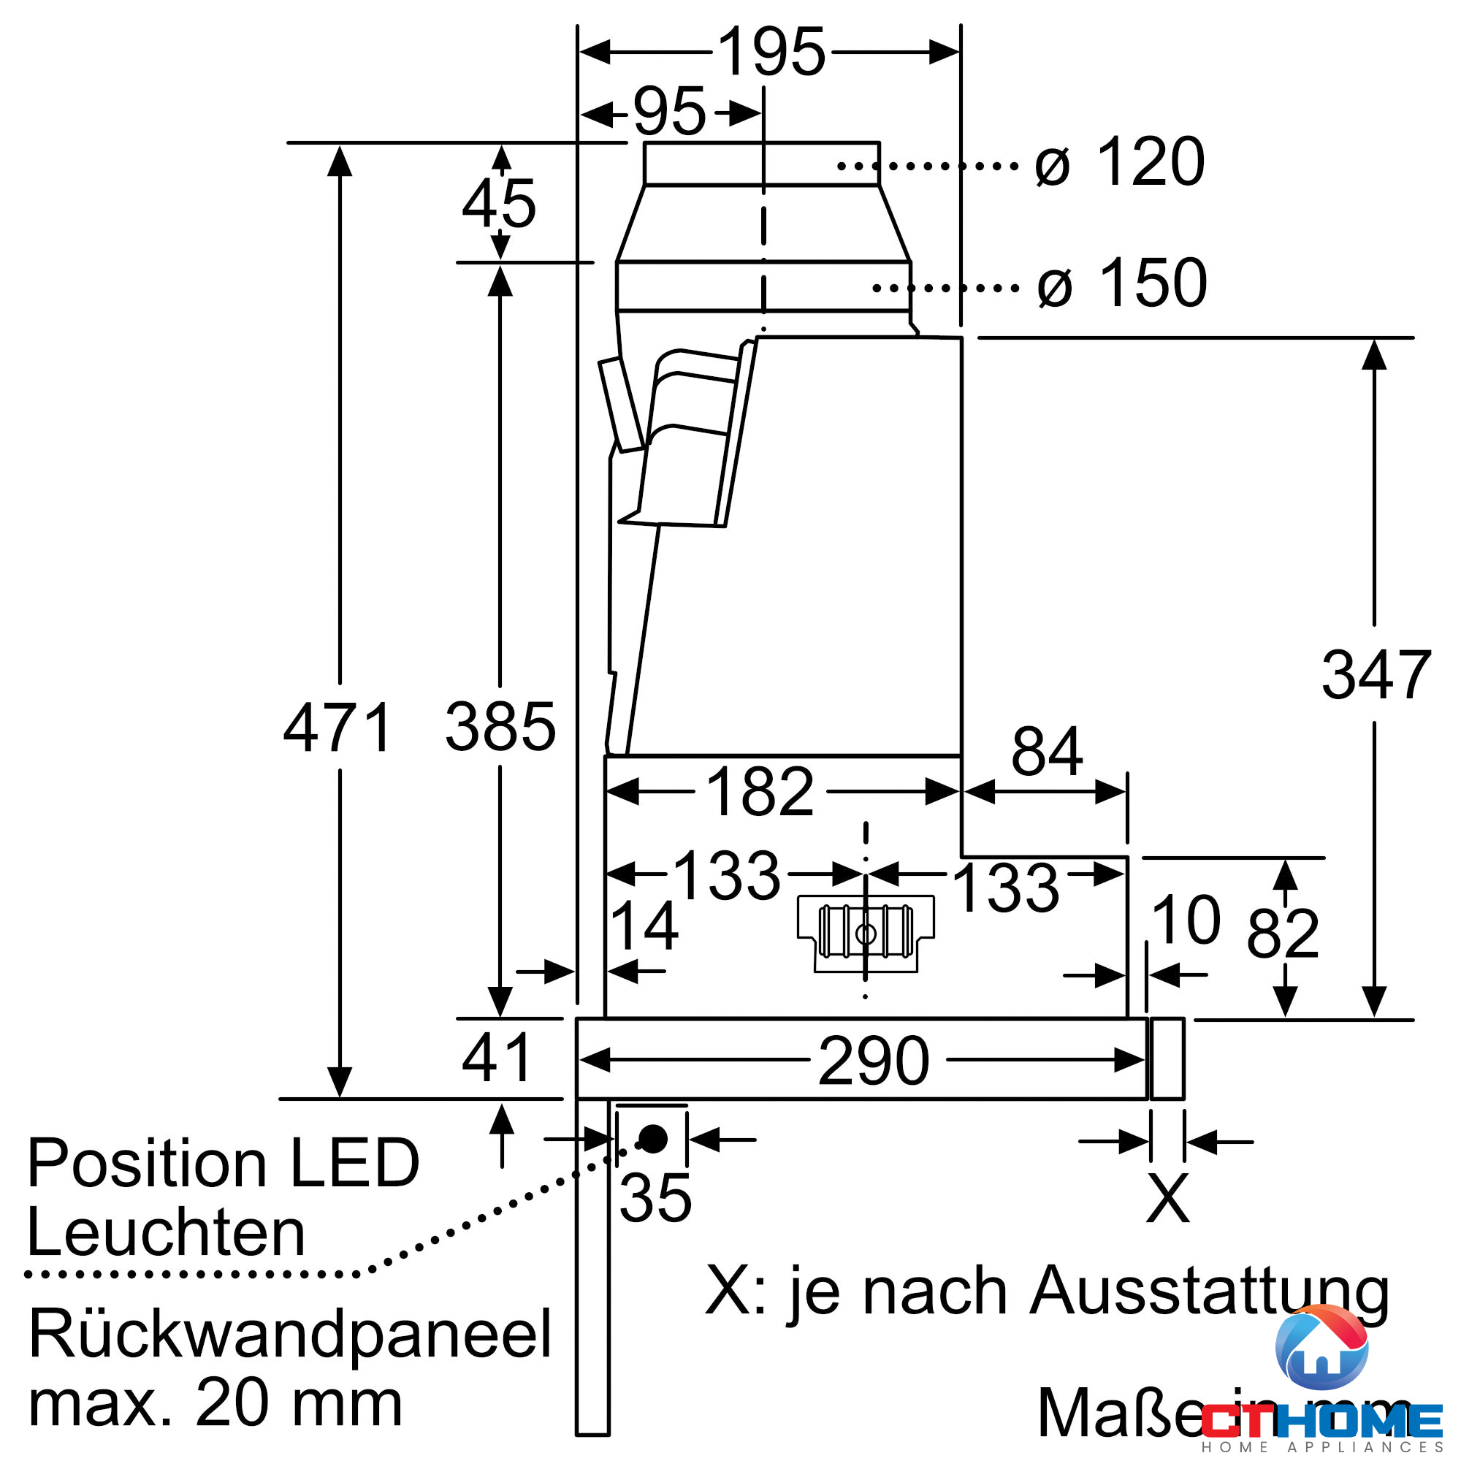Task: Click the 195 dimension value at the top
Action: [771, 52]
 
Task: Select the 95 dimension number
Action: [669, 112]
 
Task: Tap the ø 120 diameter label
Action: [1118, 163]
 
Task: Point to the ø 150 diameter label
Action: [1121, 283]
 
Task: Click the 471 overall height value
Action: [337, 728]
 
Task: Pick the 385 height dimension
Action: [500, 728]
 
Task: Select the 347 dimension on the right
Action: [1376, 675]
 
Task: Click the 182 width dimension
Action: [759, 793]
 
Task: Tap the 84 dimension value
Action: [1047, 752]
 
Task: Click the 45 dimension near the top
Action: [499, 205]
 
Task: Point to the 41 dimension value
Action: [497, 1058]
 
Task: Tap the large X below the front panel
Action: [1167, 1198]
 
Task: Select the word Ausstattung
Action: [1209, 1292]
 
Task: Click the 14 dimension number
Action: [644, 926]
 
